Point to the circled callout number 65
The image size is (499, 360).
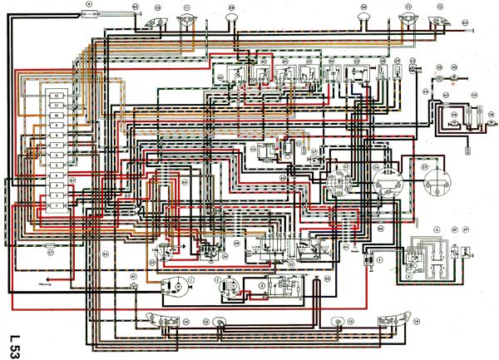135,7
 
